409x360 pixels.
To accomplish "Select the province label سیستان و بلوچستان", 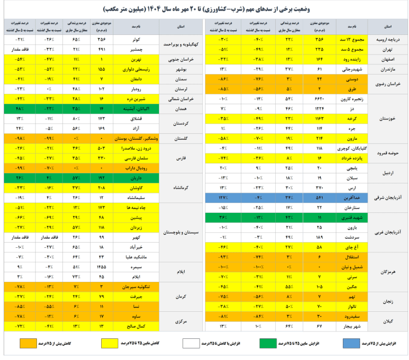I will pyautogui.click(x=182, y=233).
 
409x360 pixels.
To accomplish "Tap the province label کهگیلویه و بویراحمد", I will pyautogui.click(x=182, y=45).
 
